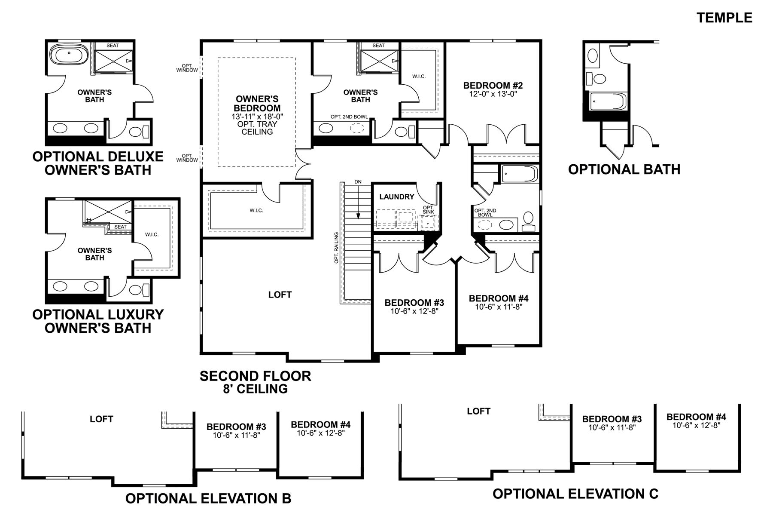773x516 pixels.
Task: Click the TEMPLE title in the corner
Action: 724,18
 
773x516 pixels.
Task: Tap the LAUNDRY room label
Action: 396,197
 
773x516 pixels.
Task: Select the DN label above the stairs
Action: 358,182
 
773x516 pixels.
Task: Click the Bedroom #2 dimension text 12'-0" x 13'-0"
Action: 493,93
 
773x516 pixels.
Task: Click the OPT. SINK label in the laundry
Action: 428,210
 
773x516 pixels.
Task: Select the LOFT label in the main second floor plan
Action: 280,295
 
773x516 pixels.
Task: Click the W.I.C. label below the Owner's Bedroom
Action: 256,211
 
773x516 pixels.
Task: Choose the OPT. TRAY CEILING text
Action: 257,128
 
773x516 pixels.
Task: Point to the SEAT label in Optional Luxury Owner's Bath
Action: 121,227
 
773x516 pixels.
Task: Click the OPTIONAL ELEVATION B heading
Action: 208,498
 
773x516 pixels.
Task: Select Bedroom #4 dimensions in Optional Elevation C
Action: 696,425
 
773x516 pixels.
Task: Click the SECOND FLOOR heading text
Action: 255,376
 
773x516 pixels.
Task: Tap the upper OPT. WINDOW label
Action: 187,68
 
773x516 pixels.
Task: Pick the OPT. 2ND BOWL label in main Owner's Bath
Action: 347,117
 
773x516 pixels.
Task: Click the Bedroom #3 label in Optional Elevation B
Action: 236,427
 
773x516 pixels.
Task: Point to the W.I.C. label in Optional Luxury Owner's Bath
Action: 152,234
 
